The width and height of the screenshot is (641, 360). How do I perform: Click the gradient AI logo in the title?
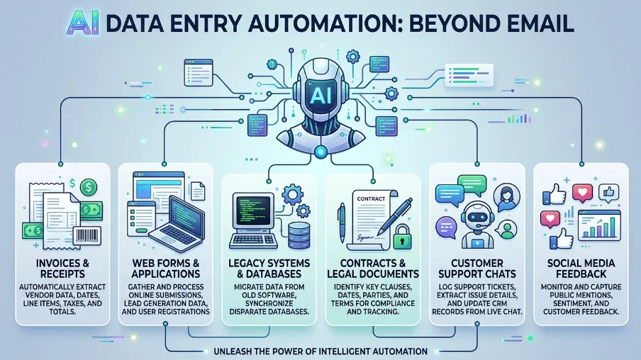point(82,23)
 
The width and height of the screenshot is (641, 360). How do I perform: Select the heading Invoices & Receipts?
point(62,269)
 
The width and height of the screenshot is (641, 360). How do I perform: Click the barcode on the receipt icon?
point(87,236)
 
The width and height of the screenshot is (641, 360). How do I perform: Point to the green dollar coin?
point(89,188)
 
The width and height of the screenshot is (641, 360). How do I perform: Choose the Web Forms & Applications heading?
point(165,269)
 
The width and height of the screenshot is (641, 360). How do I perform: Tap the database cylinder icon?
point(299,236)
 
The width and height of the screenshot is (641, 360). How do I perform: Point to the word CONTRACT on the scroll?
point(371,198)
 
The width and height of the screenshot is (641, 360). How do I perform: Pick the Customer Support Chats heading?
point(477,269)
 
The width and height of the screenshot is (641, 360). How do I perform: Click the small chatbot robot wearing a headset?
point(477,225)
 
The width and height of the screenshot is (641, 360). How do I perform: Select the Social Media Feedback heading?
point(581,269)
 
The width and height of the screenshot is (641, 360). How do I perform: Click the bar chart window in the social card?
point(600,225)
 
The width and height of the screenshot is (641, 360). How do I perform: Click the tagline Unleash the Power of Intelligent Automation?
point(320,351)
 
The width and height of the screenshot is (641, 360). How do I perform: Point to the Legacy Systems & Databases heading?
point(269,269)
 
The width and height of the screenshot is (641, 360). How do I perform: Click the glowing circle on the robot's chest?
point(320,152)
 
